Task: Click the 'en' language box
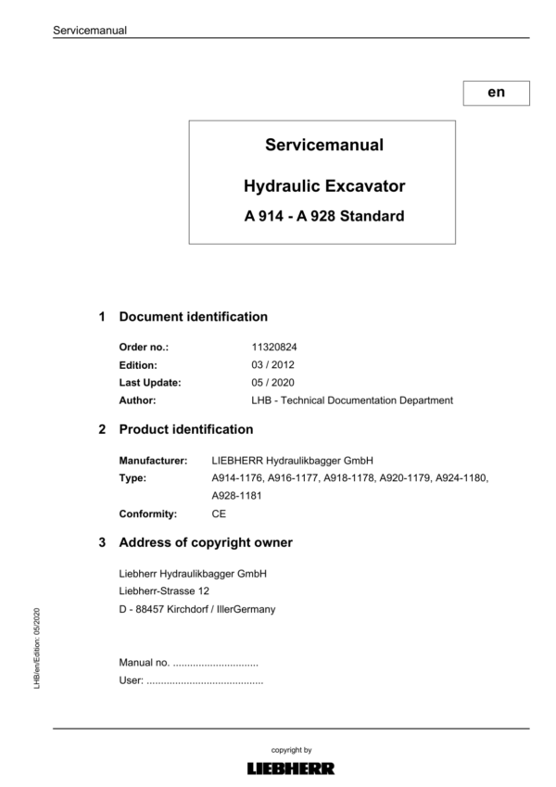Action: (496, 93)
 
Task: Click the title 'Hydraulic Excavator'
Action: (323, 186)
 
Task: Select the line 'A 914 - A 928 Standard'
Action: (323, 219)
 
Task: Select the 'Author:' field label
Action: (137, 400)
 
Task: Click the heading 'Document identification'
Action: (193, 317)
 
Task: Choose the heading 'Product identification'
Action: (185, 430)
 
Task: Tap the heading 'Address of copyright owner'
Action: (206, 542)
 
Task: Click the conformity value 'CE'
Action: (219, 514)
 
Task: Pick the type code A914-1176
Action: (236, 477)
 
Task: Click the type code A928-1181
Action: (236, 496)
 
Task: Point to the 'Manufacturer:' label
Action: (153, 460)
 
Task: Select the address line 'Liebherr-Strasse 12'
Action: (165, 591)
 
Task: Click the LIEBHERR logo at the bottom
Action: (291, 768)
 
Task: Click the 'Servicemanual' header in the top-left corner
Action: (90, 30)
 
